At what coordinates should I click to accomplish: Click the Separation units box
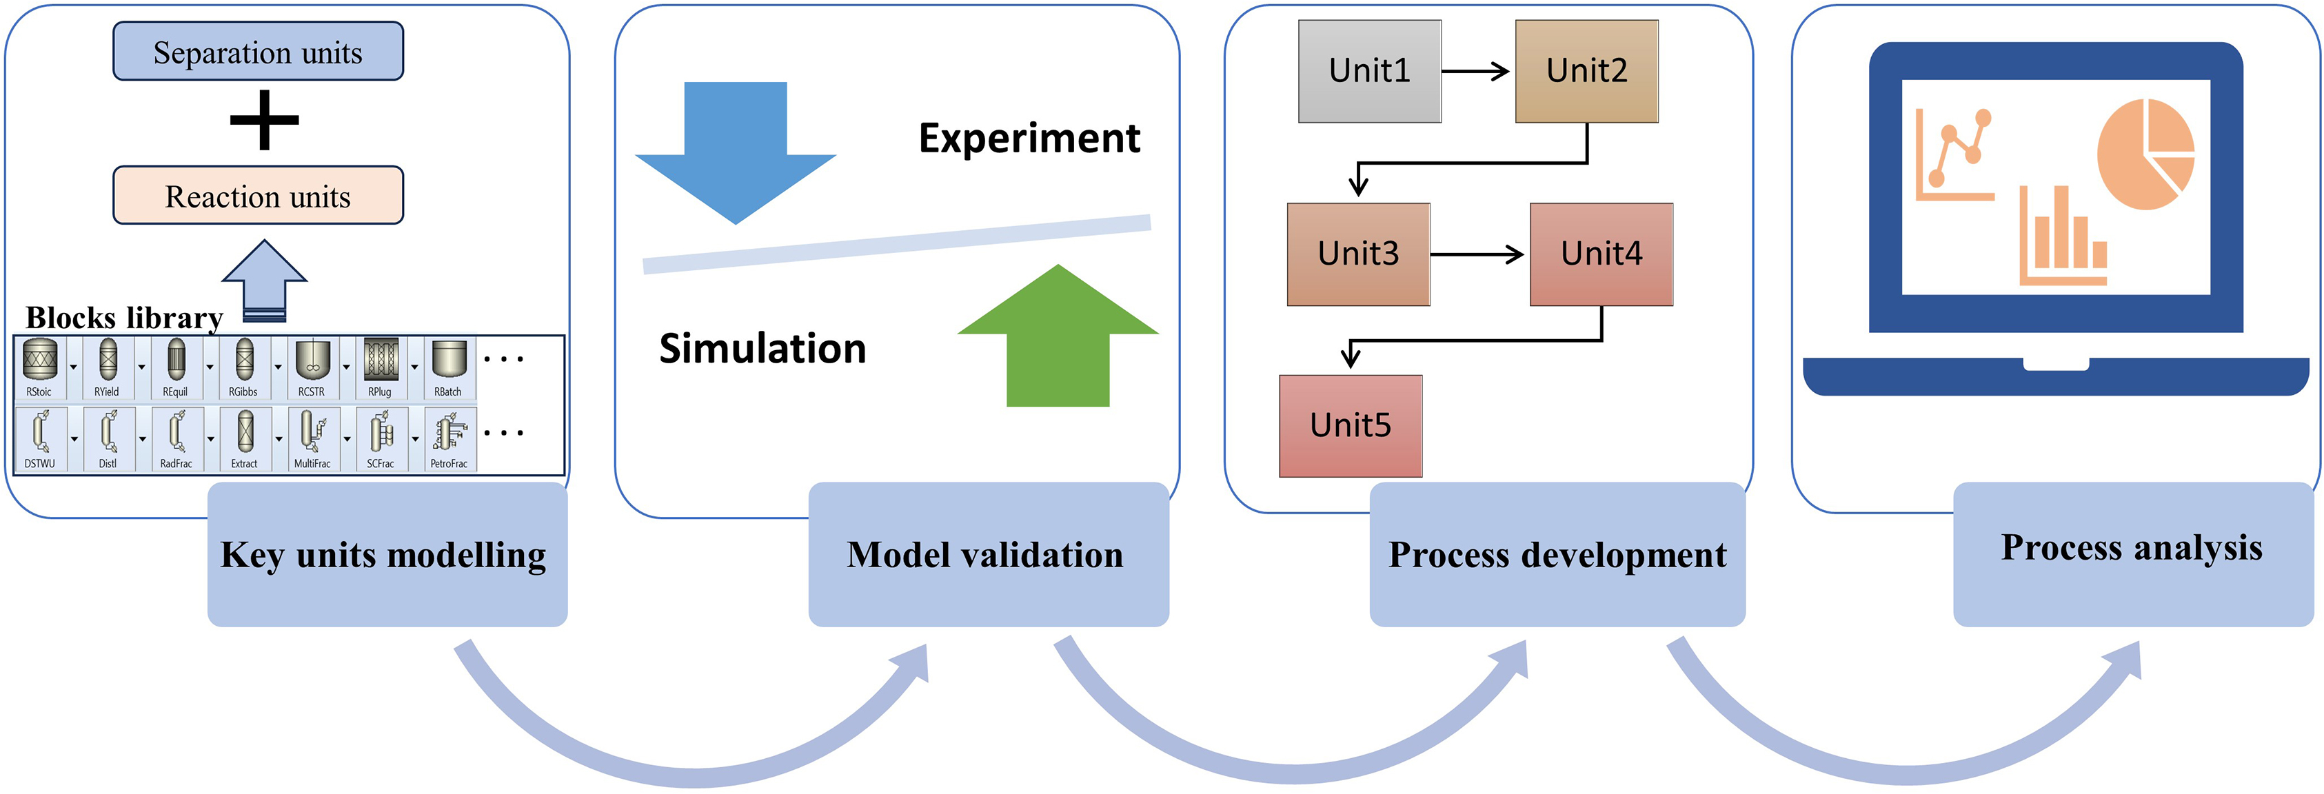pos(258,52)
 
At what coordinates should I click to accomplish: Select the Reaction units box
pos(258,196)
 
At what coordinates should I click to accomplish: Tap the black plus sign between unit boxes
pos(263,120)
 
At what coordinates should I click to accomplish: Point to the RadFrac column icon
pos(176,432)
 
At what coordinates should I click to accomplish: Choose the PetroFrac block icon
pos(448,432)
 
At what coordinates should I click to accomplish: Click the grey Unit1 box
pos(1368,71)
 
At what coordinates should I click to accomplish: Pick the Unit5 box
pos(1350,426)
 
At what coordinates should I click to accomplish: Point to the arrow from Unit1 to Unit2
pos(1476,71)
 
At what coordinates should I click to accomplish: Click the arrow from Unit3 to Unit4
pos(1477,254)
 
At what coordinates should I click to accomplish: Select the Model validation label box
pos(987,554)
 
